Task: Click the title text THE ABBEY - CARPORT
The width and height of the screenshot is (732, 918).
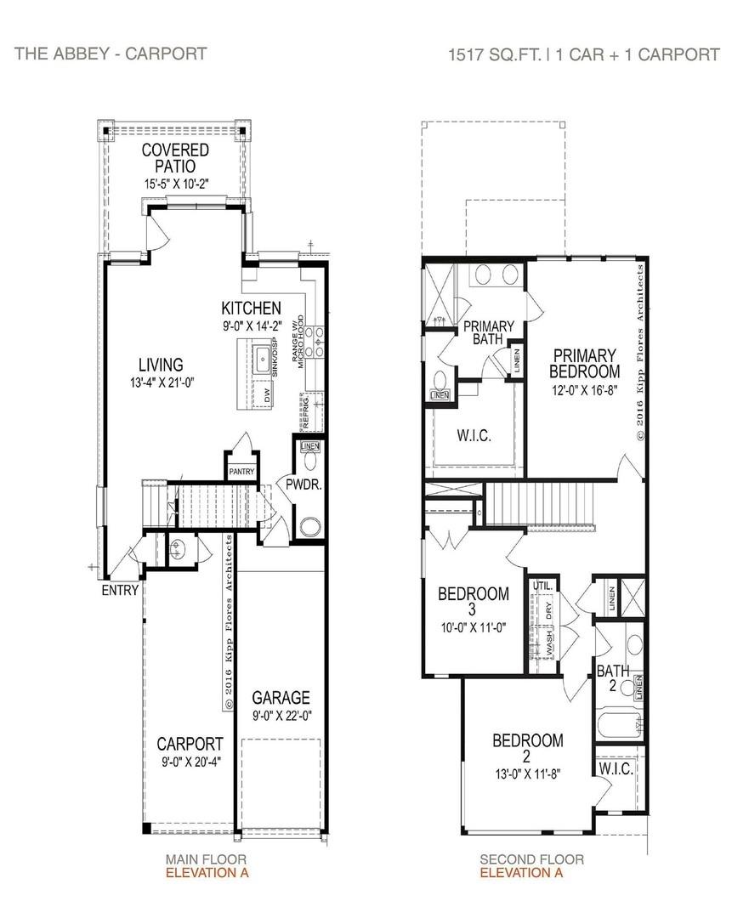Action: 110,54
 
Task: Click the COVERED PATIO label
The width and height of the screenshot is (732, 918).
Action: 175,158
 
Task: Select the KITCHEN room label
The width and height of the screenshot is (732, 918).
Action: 251,308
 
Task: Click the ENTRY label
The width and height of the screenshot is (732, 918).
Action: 120,590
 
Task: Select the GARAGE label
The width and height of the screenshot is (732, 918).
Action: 281,698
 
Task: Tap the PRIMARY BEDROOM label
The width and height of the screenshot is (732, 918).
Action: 584,363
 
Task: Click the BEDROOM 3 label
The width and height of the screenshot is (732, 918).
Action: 474,602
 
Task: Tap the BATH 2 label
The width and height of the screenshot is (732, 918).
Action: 612,678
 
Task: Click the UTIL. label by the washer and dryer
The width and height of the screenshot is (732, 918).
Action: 542,586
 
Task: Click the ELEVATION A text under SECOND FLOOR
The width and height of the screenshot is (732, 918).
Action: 520,872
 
